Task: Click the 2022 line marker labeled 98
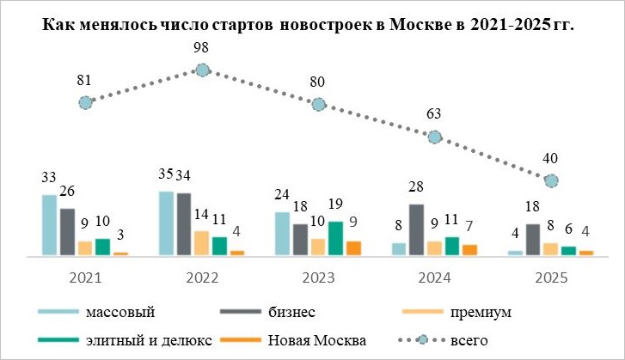[202, 70]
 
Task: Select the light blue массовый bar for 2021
[50, 225]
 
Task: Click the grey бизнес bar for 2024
[416, 229]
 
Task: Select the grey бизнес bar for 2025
[533, 240]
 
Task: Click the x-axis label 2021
[84, 277]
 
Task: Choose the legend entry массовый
[119, 310]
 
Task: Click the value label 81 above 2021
[83, 81]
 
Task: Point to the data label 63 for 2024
[434, 114]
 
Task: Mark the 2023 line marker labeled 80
[318, 104]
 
